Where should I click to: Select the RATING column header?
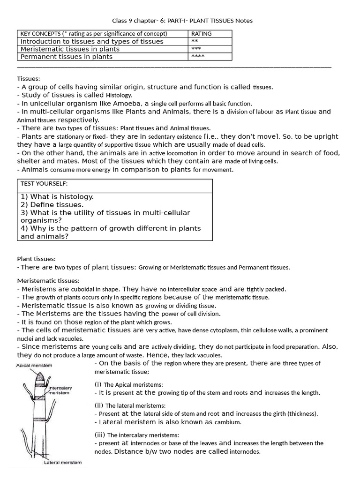tap(201, 34)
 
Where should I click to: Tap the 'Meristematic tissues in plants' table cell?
tap(70, 49)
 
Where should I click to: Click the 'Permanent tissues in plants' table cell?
tap(66, 57)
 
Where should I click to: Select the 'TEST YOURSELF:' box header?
tap(44, 183)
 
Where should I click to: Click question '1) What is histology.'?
tap(57, 197)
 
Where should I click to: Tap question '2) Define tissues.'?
tap(52, 205)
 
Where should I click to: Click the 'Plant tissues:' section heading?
tap(37, 258)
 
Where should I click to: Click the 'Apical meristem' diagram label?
tap(34, 365)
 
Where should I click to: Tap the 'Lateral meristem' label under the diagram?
tap(62, 463)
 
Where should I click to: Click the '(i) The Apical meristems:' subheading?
tap(128, 384)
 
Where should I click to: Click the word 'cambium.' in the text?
tap(228, 422)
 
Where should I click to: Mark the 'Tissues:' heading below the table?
tap(29, 79)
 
